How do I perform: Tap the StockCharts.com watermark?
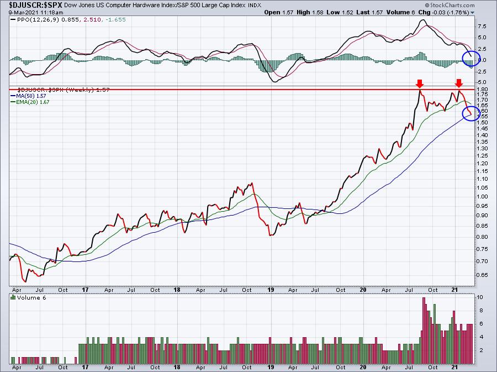[x=450, y=5]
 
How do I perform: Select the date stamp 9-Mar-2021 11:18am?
[x=36, y=13]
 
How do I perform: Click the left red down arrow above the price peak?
[x=420, y=84]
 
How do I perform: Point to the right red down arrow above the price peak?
[x=459, y=83]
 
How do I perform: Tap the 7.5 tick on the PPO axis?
[x=482, y=27]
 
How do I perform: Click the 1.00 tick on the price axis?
[x=482, y=197]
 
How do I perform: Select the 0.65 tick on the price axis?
[x=482, y=275]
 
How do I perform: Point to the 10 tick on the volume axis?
[x=480, y=297]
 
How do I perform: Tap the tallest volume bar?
[x=424, y=331]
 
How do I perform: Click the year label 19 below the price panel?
[x=271, y=290]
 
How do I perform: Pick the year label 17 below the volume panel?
[x=85, y=367]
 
